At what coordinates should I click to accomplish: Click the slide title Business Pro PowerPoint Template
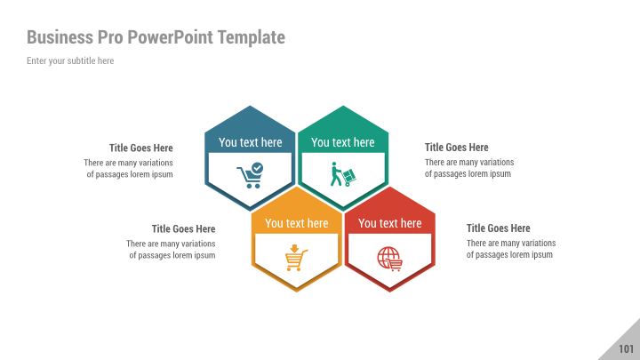pyautogui.click(x=156, y=37)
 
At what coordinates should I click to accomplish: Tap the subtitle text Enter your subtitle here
pyautogui.click(x=70, y=60)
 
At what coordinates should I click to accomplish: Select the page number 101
pyautogui.click(x=626, y=348)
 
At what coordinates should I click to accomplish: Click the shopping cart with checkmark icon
pyautogui.click(x=250, y=175)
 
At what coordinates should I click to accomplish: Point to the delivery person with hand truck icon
pyautogui.click(x=342, y=175)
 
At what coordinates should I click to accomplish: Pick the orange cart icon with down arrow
pyautogui.click(x=296, y=258)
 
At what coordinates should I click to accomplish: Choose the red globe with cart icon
pyautogui.click(x=389, y=258)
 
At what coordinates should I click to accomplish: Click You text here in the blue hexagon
pyautogui.click(x=250, y=142)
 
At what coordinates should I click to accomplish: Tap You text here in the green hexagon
pyautogui.click(x=342, y=142)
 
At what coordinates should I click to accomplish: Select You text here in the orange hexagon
pyautogui.click(x=296, y=223)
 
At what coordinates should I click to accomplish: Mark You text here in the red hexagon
pyautogui.click(x=389, y=223)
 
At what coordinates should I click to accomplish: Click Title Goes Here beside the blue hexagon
pyautogui.click(x=140, y=148)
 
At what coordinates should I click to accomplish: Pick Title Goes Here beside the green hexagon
pyautogui.click(x=456, y=148)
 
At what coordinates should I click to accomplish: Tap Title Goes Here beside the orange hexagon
pyautogui.click(x=183, y=228)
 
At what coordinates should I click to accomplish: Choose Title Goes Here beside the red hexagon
pyautogui.click(x=498, y=228)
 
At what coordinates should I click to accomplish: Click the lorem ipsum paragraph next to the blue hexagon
pyautogui.click(x=129, y=168)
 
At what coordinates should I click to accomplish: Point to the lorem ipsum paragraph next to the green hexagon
pyautogui.click(x=468, y=168)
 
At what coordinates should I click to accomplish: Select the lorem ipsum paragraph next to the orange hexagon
pyautogui.click(x=172, y=249)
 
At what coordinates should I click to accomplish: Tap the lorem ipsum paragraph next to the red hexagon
pyautogui.click(x=510, y=249)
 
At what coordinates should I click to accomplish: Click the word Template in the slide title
pyautogui.click(x=254, y=37)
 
